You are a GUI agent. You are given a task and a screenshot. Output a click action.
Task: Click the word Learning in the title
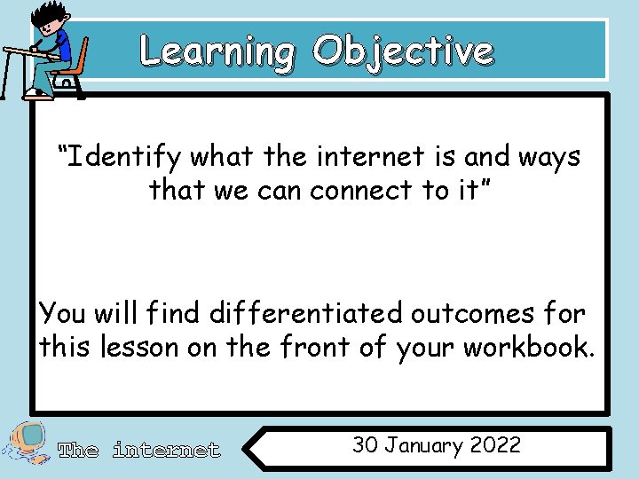(x=217, y=51)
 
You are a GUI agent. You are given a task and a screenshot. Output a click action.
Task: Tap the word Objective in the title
(x=403, y=51)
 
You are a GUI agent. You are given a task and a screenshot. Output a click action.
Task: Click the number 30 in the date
(x=366, y=445)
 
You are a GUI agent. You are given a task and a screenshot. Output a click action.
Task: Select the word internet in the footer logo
(x=166, y=451)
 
